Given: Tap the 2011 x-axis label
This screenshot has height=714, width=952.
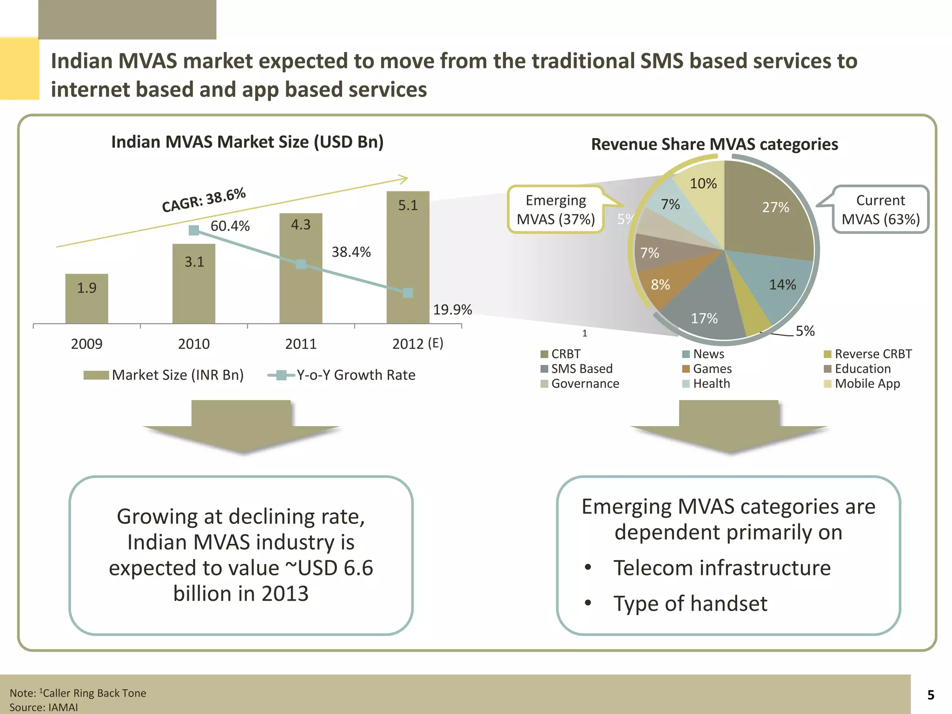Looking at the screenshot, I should (x=301, y=344).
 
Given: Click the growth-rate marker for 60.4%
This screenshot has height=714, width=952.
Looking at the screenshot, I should (x=194, y=230).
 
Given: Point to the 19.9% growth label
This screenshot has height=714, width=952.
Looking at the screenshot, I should (x=452, y=310).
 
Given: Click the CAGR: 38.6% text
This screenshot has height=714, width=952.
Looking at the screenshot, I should (x=204, y=200).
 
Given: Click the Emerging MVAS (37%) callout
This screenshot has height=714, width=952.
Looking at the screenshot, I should (x=556, y=210).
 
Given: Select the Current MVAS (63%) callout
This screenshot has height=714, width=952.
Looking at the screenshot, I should (x=880, y=210).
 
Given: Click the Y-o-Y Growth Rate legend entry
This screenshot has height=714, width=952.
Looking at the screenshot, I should (x=356, y=375).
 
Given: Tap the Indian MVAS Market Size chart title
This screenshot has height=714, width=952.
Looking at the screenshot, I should (x=247, y=142).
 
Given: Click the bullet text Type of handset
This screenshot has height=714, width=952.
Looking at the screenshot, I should (x=690, y=603).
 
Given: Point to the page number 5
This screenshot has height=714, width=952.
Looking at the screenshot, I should (x=931, y=695).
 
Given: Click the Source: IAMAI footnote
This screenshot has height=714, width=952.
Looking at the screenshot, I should (x=44, y=707).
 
